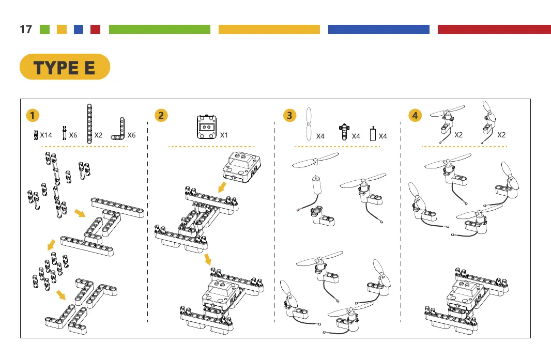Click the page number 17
coord(25,29)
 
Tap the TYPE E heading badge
coord(65,67)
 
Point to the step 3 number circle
coord(289,115)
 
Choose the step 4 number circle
coord(415,115)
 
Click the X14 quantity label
coord(47,135)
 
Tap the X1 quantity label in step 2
coord(224,135)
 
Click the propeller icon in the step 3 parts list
coord(309,124)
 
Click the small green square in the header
coord(45,29)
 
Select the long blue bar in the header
coord(378,29)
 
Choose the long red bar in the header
coord(494,29)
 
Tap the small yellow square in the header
coord(62,29)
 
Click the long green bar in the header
coord(160,29)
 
